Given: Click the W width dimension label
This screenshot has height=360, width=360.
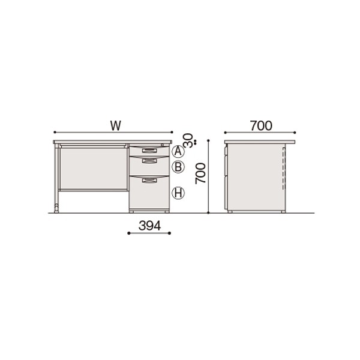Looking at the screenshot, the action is coord(115,125).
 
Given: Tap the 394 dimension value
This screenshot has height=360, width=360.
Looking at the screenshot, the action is coord(149,226).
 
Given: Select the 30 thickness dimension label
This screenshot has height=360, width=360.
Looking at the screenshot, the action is coord(188,140).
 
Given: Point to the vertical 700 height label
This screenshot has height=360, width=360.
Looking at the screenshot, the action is coord(200,173).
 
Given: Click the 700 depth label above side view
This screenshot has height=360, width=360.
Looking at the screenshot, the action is coord(261,125).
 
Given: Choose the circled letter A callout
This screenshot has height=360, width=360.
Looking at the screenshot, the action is coord(178,152).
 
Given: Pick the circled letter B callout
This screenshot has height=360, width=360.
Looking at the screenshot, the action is coord(178,167).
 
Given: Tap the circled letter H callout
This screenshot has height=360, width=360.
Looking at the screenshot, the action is coord(178,193).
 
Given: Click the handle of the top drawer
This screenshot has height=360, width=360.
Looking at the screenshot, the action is coord(149,151).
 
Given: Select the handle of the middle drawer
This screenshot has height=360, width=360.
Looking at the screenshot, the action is coord(149,161).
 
